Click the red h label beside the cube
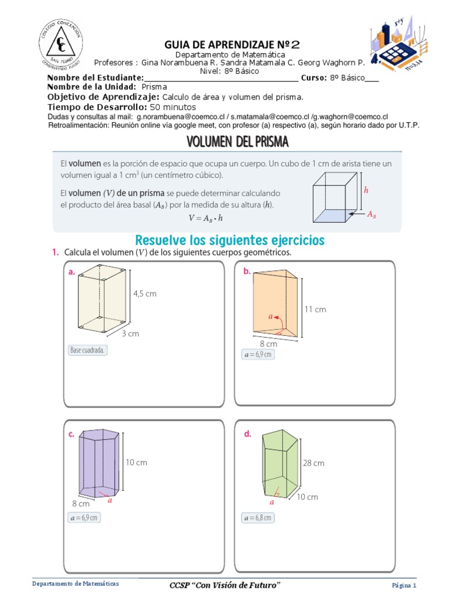366,190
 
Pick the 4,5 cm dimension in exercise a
145,294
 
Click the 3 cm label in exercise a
130,333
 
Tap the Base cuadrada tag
88,350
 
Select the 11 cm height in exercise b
315,309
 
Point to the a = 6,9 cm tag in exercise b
257,354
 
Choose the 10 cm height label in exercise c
136,462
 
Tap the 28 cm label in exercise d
313,463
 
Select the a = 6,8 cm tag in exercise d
257,518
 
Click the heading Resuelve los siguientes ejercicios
230,240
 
